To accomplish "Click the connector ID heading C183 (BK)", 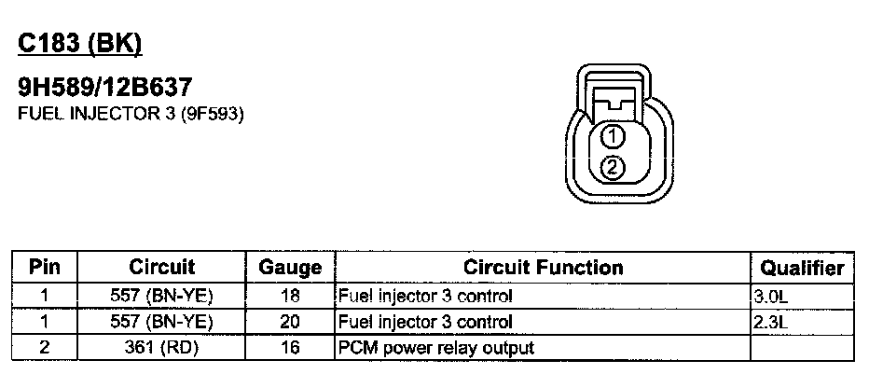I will pos(80,44).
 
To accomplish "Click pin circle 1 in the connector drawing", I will pos(612,138).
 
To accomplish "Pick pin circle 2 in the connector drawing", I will pos(612,168).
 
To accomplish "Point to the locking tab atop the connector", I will pos(612,99).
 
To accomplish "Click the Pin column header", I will pos(45,268).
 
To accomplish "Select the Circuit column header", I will pos(161,268).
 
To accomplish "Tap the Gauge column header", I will pos(290,268).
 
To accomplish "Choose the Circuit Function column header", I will pos(543,268).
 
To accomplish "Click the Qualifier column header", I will pos(802,268).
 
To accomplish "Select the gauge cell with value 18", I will pos(290,298).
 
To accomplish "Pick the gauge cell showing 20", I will pos(290,323).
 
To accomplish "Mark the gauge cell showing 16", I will pos(290,349).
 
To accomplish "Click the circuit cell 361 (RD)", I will pos(161,349).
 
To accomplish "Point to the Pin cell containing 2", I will pos(45,349).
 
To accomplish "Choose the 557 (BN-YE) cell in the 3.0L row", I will pos(161,298).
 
